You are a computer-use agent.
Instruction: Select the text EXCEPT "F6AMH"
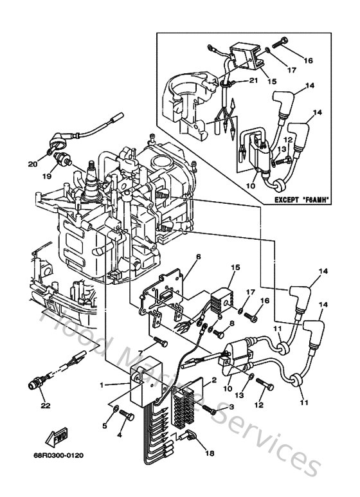pyautogui.click(x=301, y=200)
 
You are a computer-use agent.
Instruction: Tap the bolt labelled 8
pyautogui.click(x=218, y=333)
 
